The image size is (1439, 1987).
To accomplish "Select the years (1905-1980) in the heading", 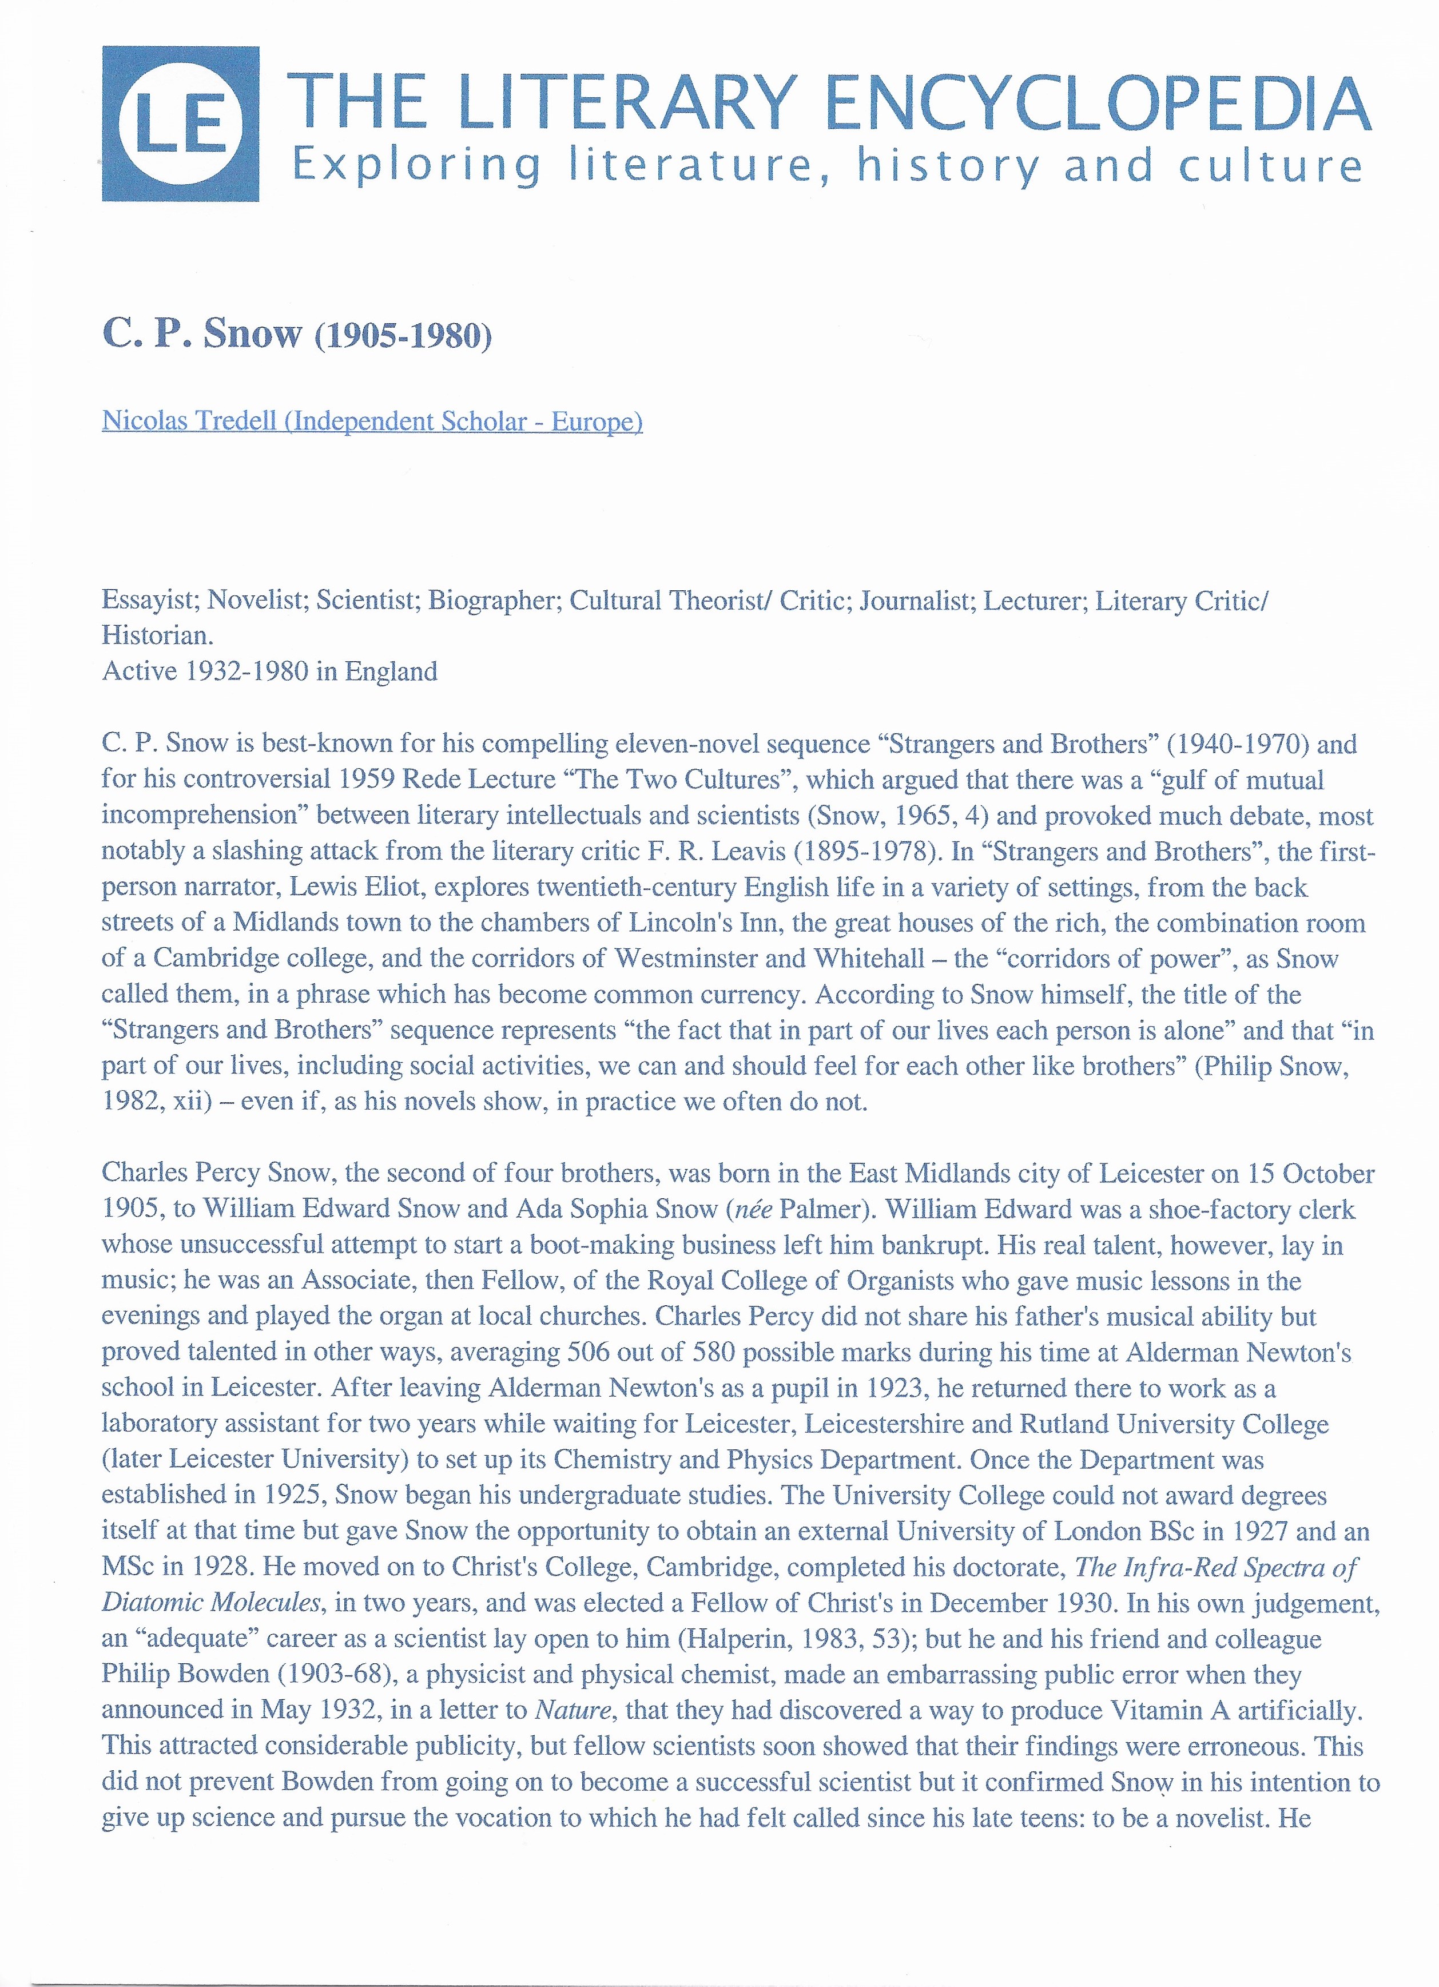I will point(402,336).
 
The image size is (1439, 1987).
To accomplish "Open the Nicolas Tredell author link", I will point(372,422).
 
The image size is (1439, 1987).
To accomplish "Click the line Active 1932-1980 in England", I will point(270,672).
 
